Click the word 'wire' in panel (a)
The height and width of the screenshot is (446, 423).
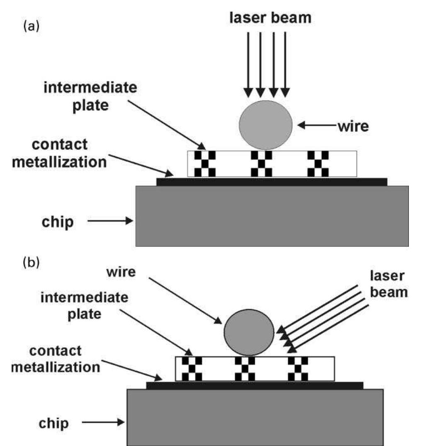coord(353,126)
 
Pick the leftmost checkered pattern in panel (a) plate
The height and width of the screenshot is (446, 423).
coord(206,163)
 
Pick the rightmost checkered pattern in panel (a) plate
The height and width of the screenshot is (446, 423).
coord(318,163)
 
